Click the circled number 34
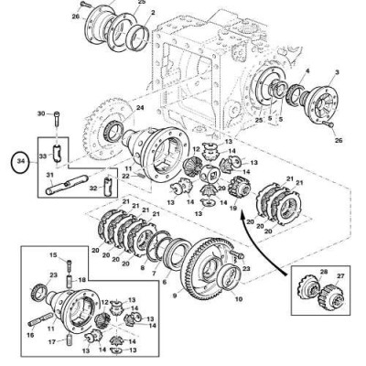(x=19, y=166)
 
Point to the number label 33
(x=41, y=157)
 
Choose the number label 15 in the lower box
(x=53, y=254)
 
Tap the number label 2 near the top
(x=152, y=13)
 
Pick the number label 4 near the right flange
(x=307, y=70)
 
